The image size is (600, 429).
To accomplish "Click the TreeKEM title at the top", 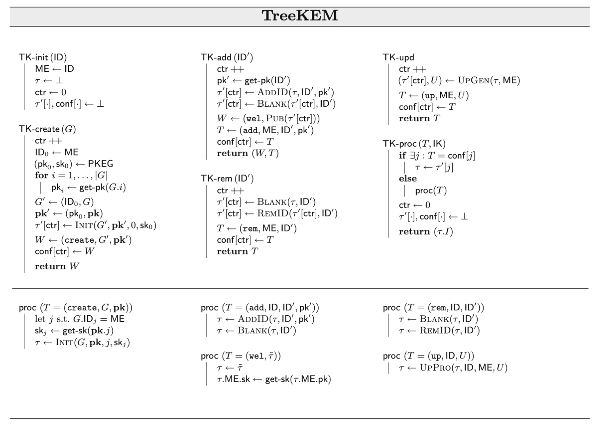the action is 300,15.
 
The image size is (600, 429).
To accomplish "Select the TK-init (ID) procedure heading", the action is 43,57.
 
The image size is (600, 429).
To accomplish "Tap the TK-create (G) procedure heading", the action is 47,129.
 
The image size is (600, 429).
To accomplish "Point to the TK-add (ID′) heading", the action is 227,57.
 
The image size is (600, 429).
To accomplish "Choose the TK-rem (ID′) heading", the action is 227,179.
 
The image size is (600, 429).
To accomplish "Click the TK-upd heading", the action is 398,57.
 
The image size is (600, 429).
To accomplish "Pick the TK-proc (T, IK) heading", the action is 414,144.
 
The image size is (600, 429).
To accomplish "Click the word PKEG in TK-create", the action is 101,164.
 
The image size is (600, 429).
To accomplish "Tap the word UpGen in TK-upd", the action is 474,80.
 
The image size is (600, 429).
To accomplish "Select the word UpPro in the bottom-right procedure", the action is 435,367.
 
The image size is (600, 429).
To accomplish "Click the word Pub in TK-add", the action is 275,118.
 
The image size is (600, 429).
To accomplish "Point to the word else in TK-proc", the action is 408,179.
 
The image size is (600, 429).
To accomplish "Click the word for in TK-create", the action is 42,176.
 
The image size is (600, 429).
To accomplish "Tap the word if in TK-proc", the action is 403,155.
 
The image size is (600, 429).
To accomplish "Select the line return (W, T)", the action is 248,153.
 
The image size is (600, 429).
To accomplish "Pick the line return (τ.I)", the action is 426,232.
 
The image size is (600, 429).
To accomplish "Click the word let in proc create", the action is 40,319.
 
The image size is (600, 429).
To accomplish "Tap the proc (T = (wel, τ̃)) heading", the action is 241,356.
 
